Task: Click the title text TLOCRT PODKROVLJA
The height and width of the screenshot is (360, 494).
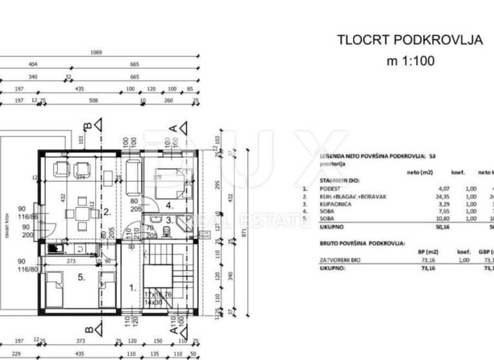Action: coord(410,40)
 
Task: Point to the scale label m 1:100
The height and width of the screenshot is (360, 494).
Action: coord(410,62)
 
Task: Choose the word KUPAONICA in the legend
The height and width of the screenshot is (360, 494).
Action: coord(333,204)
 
